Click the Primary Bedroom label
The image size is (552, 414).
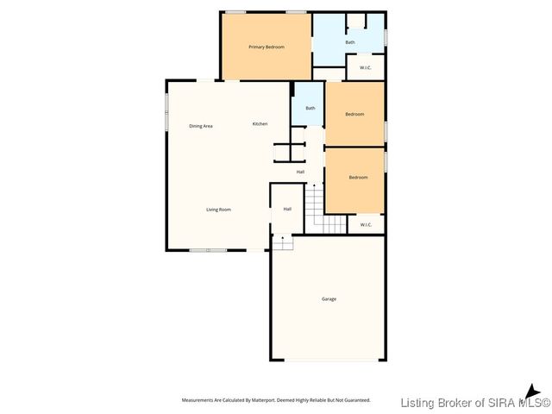(x=267, y=47)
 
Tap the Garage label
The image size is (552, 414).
(x=329, y=299)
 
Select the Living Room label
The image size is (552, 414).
(x=218, y=210)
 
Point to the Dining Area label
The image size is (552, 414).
(x=201, y=126)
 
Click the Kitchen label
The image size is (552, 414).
(x=260, y=124)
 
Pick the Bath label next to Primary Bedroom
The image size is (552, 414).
(x=349, y=42)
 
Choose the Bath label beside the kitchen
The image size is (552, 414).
(x=310, y=108)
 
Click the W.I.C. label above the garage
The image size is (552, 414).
(x=366, y=225)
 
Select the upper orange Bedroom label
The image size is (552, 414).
(x=354, y=114)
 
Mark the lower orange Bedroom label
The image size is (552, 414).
(x=358, y=178)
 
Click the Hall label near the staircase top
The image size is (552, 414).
(x=300, y=172)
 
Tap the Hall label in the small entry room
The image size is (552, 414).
(x=287, y=209)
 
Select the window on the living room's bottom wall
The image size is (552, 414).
(x=209, y=250)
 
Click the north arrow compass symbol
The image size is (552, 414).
(x=533, y=391)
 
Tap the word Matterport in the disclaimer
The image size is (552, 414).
(x=263, y=400)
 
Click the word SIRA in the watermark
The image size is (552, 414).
(x=479, y=403)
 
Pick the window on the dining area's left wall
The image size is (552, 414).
(x=167, y=103)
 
